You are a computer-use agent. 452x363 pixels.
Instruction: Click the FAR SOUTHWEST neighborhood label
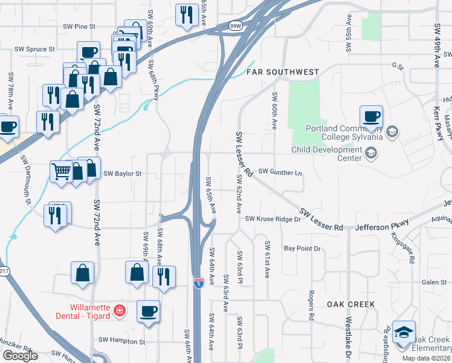(x=283, y=72)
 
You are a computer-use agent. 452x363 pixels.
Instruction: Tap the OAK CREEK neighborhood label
(x=351, y=304)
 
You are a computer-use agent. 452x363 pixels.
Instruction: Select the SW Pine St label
(x=79, y=27)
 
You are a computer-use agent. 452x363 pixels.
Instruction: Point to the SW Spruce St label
(x=35, y=49)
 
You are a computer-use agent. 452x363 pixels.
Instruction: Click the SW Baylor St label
(x=122, y=174)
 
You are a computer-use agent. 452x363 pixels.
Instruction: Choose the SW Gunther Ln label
(x=280, y=172)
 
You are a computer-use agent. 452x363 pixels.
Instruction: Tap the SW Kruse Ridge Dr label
(x=273, y=218)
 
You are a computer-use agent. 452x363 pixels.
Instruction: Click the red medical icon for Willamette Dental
(x=120, y=311)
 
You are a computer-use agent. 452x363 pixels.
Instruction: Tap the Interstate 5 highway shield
(x=199, y=283)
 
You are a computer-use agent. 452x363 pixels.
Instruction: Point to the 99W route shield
(x=235, y=26)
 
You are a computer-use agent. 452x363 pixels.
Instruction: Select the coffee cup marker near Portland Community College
(x=371, y=116)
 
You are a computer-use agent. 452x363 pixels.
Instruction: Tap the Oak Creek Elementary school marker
(x=404, y=332)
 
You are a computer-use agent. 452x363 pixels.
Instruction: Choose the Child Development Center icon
(x=371, y=154)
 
